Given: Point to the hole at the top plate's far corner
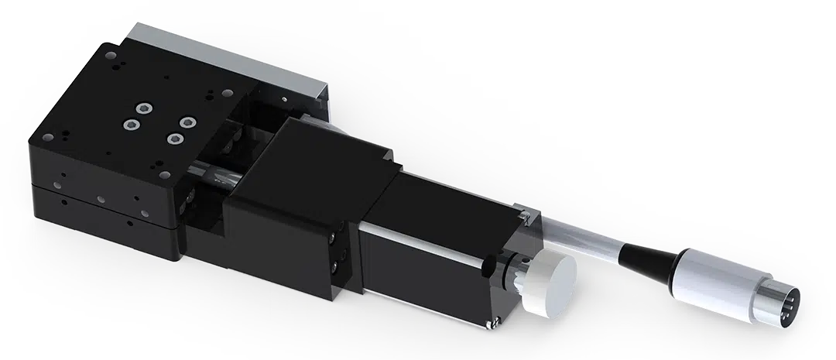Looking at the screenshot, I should (x=108, y=56).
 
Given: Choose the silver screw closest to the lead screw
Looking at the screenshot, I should (x=176, y=139).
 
